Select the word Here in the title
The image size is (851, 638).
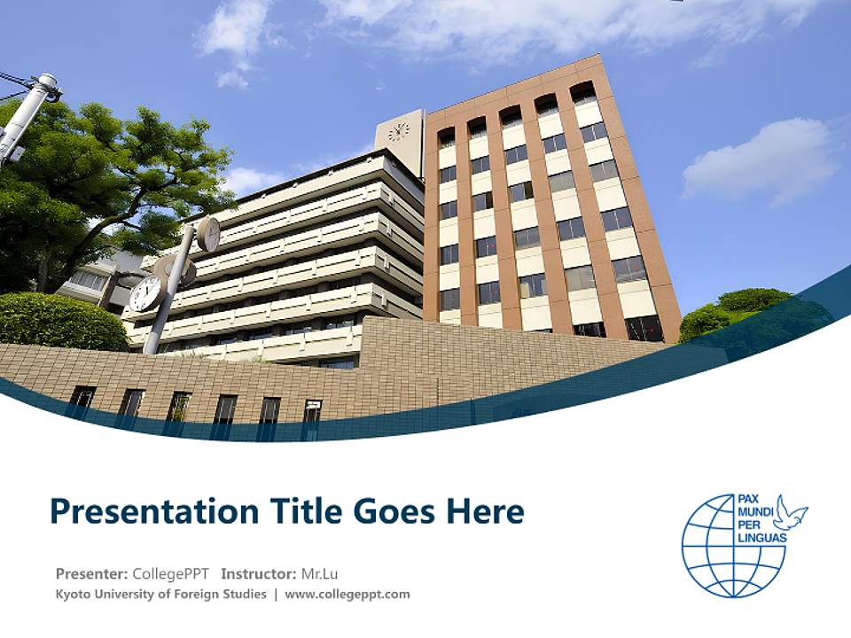click(487, 512)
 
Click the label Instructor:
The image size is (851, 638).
click(258, 573)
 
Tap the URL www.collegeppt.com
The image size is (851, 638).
click(347, 595)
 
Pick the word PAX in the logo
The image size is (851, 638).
click(750, 500)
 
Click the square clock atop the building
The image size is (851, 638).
click(399, 133)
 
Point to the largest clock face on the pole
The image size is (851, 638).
click(146, 293)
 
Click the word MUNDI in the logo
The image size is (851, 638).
click(755, 512)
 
